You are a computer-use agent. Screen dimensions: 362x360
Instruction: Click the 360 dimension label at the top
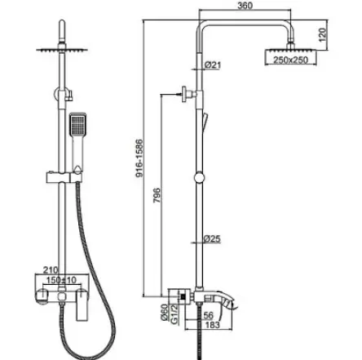(x=245, y=6)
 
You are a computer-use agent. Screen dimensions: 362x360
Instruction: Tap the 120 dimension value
(x=322, y=34)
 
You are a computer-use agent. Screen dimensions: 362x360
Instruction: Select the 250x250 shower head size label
(x=290, y=60)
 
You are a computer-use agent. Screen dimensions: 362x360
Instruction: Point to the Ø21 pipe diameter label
(x=213, y=65)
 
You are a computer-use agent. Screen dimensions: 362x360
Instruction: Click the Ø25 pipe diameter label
(x=212, y=239)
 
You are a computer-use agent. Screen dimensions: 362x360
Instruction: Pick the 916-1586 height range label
(x=139, y=158)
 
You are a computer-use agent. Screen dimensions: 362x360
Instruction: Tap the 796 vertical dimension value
(x=157, y=195)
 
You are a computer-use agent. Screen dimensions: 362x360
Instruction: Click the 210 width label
(x=51, y=270)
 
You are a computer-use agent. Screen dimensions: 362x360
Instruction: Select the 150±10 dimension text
(x=61, y=280)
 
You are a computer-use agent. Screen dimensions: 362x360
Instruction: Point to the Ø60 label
(x=165, y=313)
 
